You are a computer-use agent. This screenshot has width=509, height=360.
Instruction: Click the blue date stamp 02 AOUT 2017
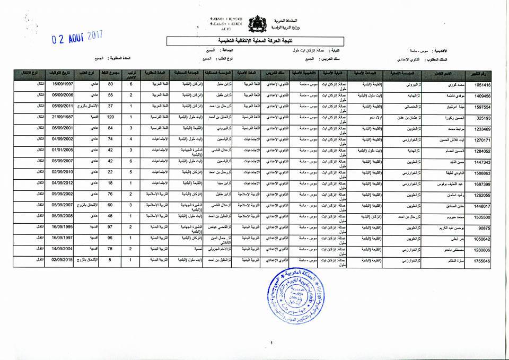pyautogui.click(x=77, y=38)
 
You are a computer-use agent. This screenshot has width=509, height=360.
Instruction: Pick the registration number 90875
pyautogui.click(x=485, y=228)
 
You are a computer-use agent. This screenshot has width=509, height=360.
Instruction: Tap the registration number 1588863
pyautogui.click(x=480, y=173)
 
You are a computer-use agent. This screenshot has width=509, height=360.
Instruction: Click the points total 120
pyautogui.click(x=111, y=117)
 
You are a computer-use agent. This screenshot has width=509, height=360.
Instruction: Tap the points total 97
pyautogui.click(x=111, y=227)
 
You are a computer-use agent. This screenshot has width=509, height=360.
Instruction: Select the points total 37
pyautogui.click(x=111, y=106)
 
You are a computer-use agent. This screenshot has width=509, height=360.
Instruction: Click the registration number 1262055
pyautogui.click(x=480, y=195)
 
